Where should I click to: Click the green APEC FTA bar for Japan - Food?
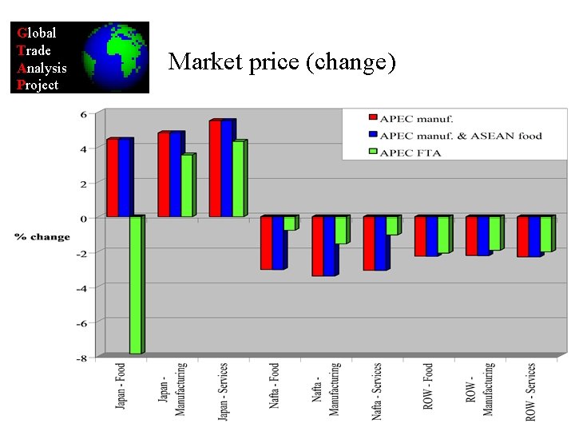[136, 284]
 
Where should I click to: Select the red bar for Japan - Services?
[215, 168]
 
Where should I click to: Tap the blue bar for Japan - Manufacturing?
[175, 174]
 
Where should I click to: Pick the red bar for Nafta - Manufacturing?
[317, 246]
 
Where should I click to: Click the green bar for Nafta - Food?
[289, 223]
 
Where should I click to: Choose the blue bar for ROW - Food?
[431, 236]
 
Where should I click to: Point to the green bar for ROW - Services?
[545, 234]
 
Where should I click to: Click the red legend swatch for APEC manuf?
[372, 119]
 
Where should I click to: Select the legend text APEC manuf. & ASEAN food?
[462, 135]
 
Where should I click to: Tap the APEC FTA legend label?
[410, 152]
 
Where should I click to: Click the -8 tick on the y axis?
[82, 358]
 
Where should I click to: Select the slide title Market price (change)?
[283, 61]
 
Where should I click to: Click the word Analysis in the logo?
[42, 69]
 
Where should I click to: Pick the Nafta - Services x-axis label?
[378, 390]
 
